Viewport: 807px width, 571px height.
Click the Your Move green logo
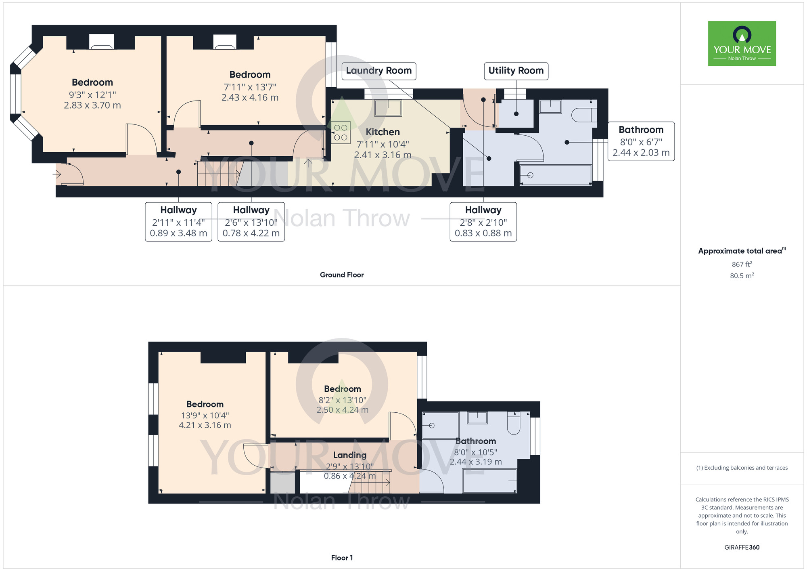tap(742, 44)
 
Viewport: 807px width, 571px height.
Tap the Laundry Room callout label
tap(378, 71)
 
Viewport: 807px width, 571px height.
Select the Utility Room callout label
tap(516, 71)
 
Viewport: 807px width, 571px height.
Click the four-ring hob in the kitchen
tap(341, 132)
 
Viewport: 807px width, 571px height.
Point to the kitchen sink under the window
tap(388, 108)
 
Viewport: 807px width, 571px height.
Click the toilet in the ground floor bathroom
tap(583, 115)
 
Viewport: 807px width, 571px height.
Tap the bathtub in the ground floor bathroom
tap(556, 175)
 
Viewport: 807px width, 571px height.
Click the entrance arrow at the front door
tap(57, 174)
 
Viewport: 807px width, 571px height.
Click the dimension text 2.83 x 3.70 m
tap(92, 105)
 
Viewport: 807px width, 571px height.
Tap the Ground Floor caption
tap(342, 275)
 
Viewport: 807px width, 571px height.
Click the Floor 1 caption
tap(342, 558)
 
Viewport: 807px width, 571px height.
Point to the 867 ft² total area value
tap(742, 264)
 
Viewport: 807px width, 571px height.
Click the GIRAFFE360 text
tap(742, 548)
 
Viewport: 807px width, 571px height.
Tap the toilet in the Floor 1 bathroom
tap(513, 424)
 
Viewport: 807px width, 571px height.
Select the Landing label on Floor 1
tap(350, 455)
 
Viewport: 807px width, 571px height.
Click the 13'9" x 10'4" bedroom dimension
tap(205, 415)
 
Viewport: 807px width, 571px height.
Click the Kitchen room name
tap(383, 132)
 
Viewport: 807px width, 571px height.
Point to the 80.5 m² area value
tap(742, 276)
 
